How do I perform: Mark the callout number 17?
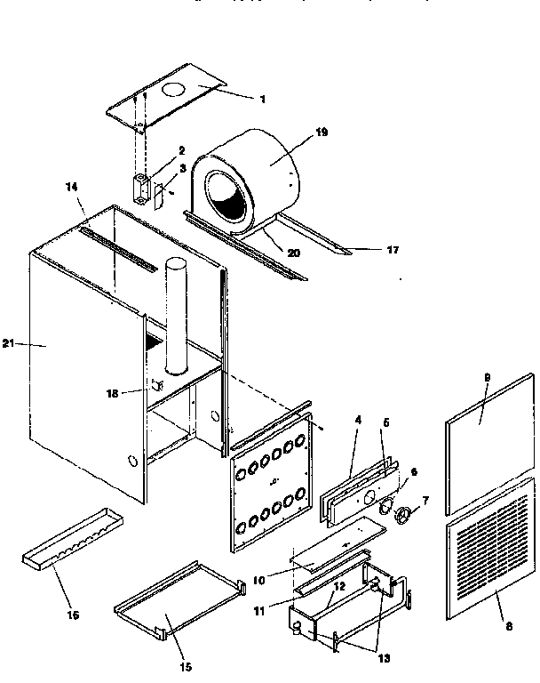click(391, 250)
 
